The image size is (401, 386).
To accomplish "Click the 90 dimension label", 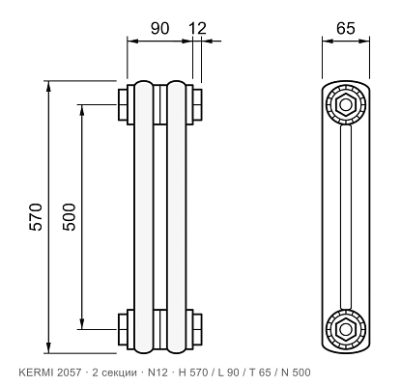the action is click(159, 28).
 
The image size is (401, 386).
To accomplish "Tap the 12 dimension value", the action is click(197, 28).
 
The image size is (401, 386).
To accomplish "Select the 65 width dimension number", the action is click(346, 28).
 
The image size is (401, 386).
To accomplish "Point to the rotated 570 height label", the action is click(36, 216).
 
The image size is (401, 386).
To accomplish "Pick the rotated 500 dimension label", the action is click(70, 216).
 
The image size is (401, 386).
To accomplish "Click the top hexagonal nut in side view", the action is click(346, 104).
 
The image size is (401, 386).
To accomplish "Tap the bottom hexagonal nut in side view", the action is click(346, 329).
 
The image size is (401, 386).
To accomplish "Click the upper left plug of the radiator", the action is click(123, 104).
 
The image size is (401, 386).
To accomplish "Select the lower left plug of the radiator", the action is click(123, 330).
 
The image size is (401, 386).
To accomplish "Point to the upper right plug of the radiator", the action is click(197, 104).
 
